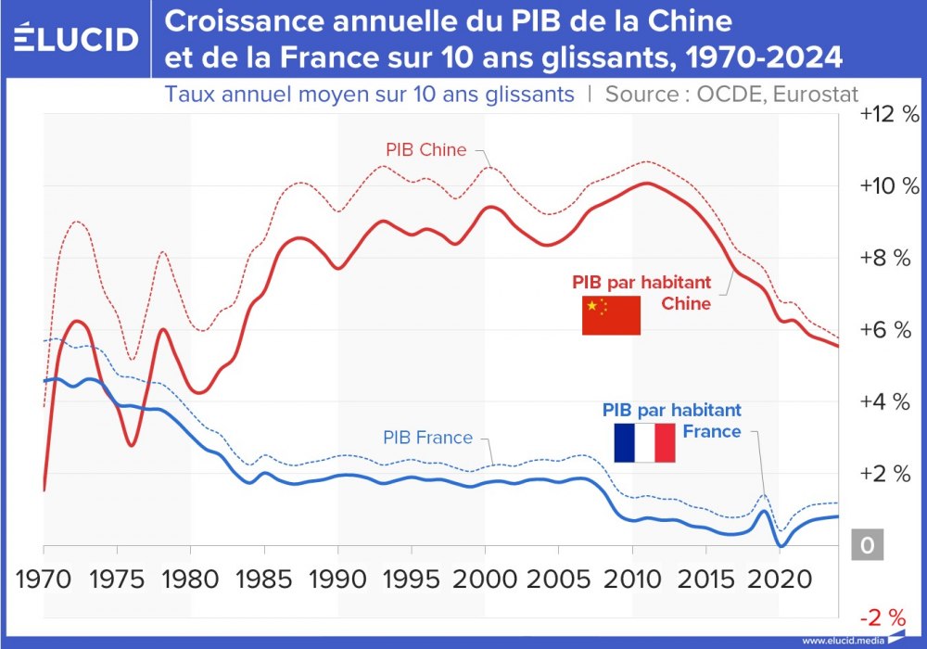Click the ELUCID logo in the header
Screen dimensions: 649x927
tap(77, 38)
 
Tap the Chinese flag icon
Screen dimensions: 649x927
tap(611, 316)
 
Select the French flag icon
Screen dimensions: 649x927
tap(644, 442)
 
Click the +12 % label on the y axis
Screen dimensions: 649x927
tap(889, 114)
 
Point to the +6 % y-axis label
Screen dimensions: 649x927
tap(889, 330)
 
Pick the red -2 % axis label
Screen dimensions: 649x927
tap(883, 617)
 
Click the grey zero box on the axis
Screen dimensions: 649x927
tap(867, 545)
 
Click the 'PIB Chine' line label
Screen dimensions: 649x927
tap(425, 149)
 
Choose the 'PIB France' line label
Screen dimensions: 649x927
tap(427, 438)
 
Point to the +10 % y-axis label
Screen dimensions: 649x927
tap(889, 185)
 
